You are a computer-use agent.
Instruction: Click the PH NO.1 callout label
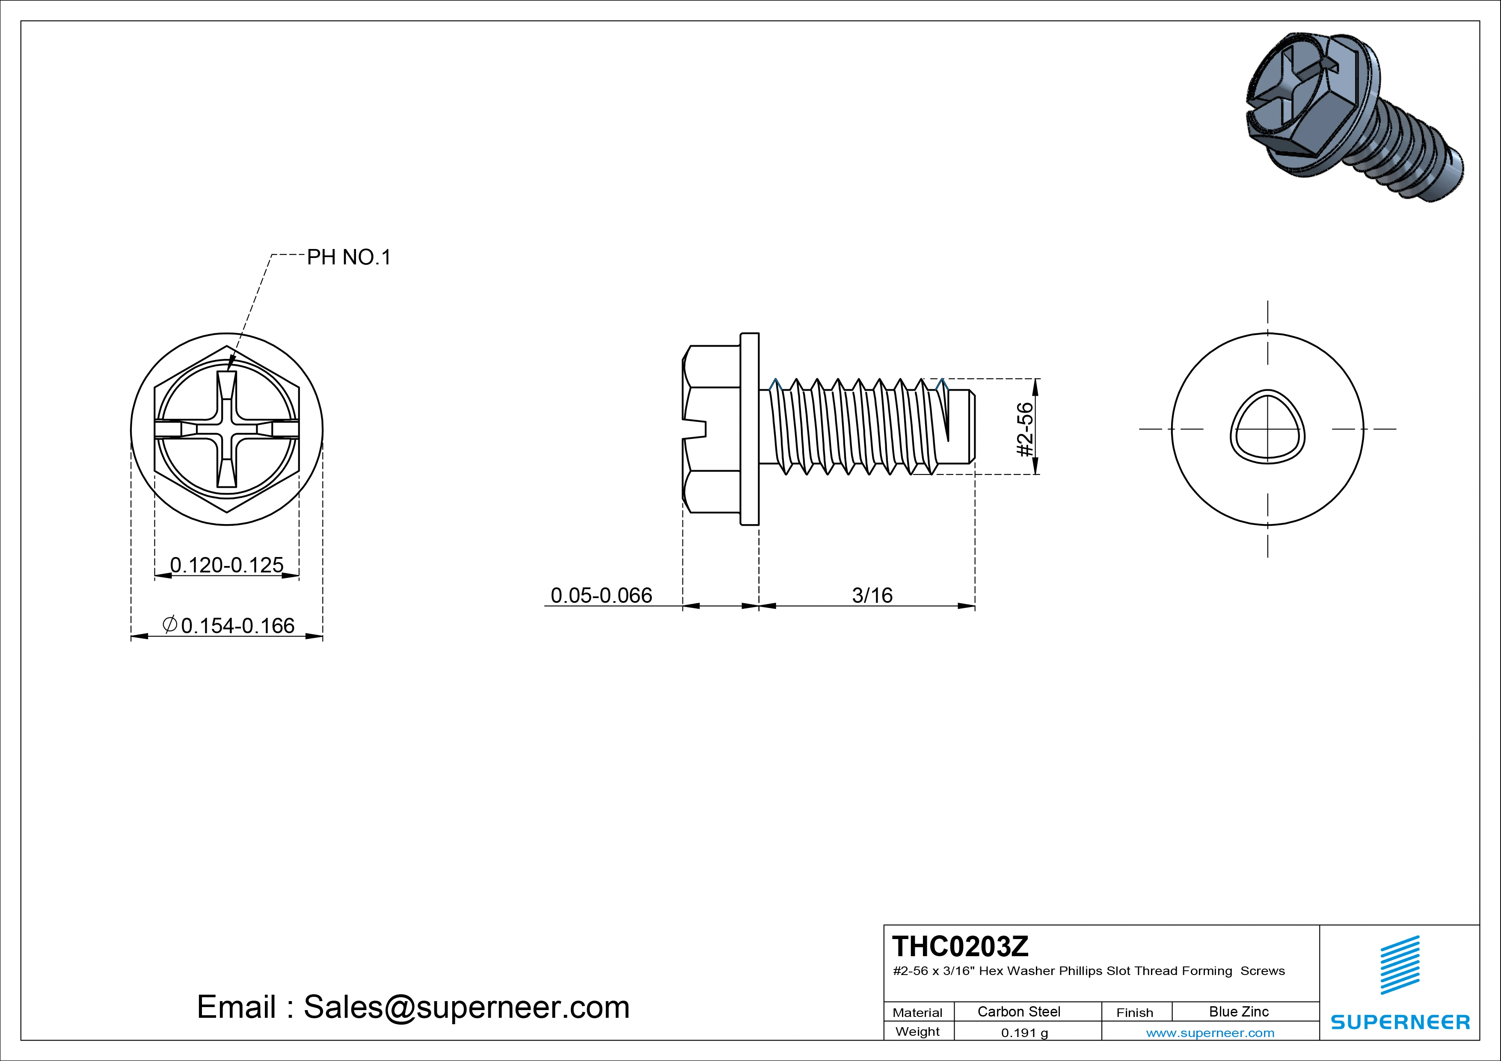(x=348, y=258)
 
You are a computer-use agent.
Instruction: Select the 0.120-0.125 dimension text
(x=227, y=565)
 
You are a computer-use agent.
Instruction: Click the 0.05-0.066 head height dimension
(x=601, y=596)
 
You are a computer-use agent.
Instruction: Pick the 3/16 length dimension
(x=872, y=596)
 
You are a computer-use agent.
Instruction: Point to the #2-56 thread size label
(x=1025, y=430)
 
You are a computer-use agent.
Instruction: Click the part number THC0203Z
(x=960, y=946)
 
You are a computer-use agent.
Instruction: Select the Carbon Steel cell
(x=1018, y=1011)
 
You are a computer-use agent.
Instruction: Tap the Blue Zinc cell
(x=1238, y=1011)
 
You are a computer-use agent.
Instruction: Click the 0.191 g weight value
(x=1024, y=1033)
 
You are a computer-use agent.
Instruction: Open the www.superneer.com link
(x=1210, y=1033)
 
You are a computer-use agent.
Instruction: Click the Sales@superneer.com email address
(x=466, y=1008)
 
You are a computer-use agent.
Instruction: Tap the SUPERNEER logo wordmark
(x=1400, y=1022)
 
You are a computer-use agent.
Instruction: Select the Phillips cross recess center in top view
(x=227, y=430)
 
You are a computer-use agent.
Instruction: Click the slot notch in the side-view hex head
(x=696, y=429)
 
